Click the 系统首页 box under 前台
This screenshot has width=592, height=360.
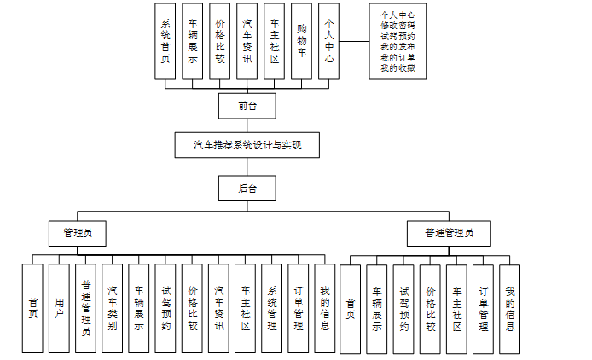click(165, 41)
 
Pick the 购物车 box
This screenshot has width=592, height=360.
click(301, 41)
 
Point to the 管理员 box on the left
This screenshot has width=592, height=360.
click(77, 231)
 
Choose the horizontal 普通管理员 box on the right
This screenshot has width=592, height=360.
click(449, 231)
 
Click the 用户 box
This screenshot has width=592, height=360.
click(59, 308)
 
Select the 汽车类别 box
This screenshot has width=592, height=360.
click(113, 308)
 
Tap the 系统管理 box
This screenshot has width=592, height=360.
click(272, 308)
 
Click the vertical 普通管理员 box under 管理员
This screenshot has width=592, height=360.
click(85, 308)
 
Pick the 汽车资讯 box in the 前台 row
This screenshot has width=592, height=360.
click(247, 41)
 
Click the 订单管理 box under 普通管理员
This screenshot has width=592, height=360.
click(483, 308)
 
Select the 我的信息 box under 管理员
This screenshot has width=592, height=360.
click(324, 308)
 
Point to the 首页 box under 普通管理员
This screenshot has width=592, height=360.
click(350, 308)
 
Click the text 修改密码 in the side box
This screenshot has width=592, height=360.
click(398, 26)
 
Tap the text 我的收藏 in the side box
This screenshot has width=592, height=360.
click(398, 67)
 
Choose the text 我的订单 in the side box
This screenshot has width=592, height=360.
click(398, 57)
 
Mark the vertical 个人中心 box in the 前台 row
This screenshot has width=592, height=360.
click(328, 41)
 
